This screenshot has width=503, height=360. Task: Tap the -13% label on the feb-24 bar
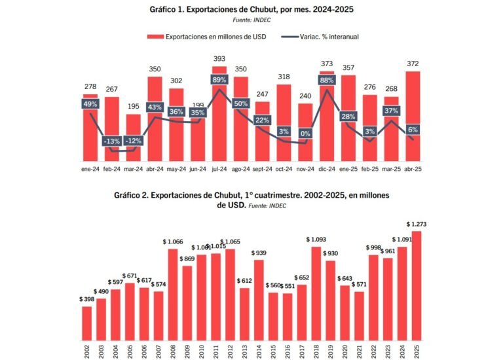click(x=112, y=140)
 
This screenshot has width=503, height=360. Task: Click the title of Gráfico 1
click(x=252, y=9)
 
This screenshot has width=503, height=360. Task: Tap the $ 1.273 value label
click(x=417, y=224)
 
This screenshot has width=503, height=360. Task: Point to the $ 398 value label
click(x=86, y=299)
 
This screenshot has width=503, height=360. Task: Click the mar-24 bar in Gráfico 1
click(x=133, y=151)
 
